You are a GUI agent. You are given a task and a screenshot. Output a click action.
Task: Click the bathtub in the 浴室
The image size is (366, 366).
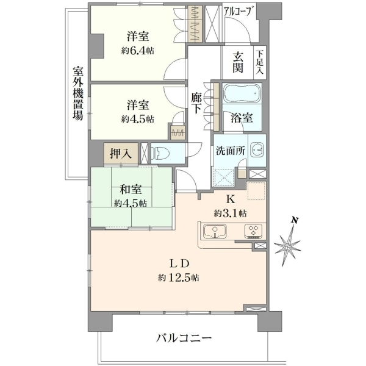tap(242, 93)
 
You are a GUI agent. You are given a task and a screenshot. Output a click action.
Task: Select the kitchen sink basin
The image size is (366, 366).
tap(215, 231)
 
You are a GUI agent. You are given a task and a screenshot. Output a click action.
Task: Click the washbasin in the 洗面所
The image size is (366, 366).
tap(257, 150)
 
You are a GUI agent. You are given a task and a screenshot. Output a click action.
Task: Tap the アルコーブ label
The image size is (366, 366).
tap(239, 11)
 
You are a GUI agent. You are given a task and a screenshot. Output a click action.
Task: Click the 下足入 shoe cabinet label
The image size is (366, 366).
tap(259, 62)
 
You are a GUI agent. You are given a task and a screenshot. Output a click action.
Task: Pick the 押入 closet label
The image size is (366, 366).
tap(121, 154)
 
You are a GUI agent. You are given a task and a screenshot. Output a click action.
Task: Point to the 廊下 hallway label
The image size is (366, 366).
tap(196, 103)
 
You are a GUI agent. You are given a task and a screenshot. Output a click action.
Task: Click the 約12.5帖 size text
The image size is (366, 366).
tap(179, 278)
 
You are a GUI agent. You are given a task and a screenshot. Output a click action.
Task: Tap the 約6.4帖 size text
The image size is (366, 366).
tap(138, 51)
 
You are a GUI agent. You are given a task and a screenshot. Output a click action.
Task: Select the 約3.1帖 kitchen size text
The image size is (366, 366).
tap(231, 213)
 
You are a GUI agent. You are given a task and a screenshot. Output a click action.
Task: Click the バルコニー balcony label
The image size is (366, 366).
tap(184, 338)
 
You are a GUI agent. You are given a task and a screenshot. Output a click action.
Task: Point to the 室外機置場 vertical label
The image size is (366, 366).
tap(78, 93)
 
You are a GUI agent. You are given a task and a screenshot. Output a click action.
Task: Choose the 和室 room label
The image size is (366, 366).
tap(131, 189)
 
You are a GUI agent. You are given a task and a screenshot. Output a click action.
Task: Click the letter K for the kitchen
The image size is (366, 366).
tap(231, 199)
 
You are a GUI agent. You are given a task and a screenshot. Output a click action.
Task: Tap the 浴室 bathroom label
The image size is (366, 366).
tap(242, 118)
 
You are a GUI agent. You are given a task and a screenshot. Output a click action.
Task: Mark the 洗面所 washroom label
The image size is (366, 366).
tap(231, 151)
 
